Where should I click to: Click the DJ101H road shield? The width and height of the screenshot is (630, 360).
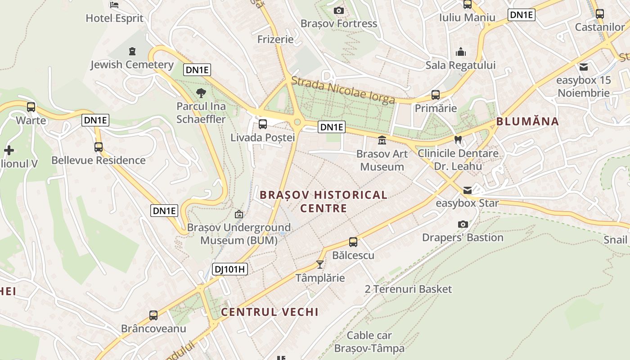pos(230,269)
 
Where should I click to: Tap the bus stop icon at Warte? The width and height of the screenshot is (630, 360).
pos(31,107)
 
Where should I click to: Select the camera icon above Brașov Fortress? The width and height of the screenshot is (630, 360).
pos(339,10)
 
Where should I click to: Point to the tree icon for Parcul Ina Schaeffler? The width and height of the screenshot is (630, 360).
pos(201,93)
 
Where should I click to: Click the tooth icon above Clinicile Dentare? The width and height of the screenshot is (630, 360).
pos(458,139)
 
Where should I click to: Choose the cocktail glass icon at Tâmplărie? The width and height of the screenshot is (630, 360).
pos(320,265)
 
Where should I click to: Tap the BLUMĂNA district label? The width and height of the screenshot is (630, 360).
pos(527,121)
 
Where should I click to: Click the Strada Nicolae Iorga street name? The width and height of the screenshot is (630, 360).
pos(343,90)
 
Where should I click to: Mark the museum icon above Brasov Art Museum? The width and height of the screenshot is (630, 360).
pos(382,140)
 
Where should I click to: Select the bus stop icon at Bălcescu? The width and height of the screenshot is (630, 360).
pos(353,242)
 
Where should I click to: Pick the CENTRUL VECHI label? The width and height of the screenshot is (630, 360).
pos(270,312)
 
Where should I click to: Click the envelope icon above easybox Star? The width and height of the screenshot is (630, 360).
pos(468,190)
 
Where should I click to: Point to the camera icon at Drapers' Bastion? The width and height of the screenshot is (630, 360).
pos(463,224)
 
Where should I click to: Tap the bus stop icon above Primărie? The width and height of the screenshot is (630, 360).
pos(435,95)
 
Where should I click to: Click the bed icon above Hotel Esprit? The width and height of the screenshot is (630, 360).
pos(114,5)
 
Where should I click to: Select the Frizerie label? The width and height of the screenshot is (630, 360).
pos(275,39)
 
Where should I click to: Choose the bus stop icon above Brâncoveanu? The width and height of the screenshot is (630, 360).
pos(153,315)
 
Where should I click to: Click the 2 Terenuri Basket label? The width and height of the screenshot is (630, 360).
pos(408,289)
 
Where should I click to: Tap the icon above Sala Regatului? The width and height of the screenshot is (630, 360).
pos(461,52)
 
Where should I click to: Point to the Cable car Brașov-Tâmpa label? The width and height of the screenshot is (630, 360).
pos(369,342)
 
